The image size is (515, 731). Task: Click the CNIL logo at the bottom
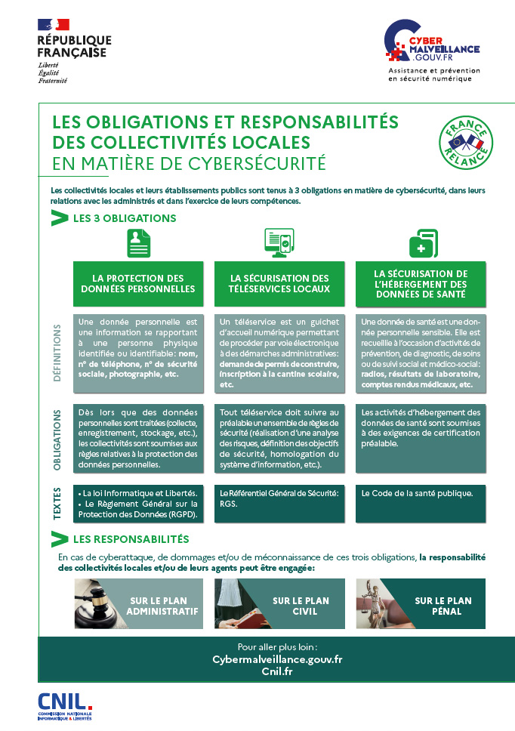(x=65, y=705)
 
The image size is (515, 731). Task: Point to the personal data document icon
(x=137, y=243)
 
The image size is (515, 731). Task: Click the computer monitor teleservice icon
(x=279, y=243)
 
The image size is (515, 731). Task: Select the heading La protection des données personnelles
(x=137, y=284)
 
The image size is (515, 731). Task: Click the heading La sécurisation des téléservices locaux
(x=279, y=284)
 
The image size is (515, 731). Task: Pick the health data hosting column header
(x=421, y=284)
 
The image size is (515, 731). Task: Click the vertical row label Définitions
(x=58, y=353)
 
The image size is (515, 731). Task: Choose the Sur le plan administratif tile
(x=138, y=603)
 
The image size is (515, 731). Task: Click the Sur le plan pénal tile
(x=421, y=603)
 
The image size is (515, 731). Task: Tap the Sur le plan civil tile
(x=279, y=603)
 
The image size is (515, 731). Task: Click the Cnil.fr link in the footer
(x=277, y=671)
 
